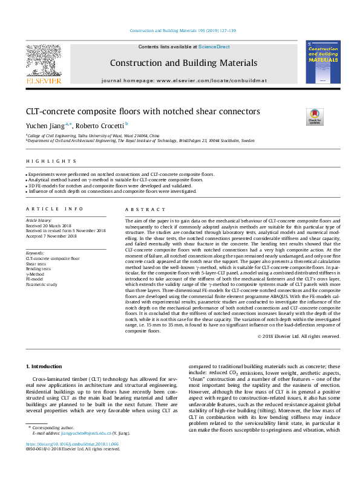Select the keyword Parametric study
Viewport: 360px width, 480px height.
pyautogui.click(x=42, y=284)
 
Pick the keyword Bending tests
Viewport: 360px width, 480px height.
pyautogui.click(x=39, y=268)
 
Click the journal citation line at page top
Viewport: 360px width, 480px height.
pyautogui.click(x=179, y=31)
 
